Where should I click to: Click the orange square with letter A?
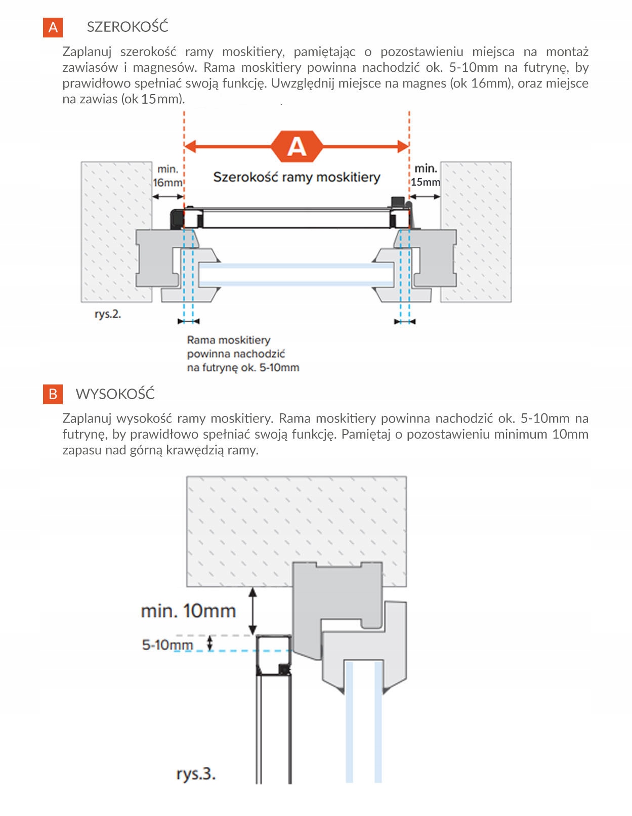point(53,27)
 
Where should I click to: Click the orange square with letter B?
point(53,394)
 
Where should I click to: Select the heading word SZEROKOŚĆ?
point(128,27)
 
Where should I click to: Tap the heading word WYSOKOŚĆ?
point(115,394)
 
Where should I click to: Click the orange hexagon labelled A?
point(297,147)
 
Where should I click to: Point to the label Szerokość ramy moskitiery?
point(297,177)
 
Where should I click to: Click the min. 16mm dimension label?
point(167,176)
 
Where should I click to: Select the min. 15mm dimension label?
point(425,175)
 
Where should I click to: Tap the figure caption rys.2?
point(108,314)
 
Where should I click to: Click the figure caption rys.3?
point(196,774)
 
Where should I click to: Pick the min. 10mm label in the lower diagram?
point(188,611)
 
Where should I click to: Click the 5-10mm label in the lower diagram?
point(167,645)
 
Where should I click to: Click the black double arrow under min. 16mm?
point(167,197)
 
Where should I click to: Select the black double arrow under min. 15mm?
point(425,197)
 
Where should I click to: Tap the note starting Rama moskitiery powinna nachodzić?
point(243,354)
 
